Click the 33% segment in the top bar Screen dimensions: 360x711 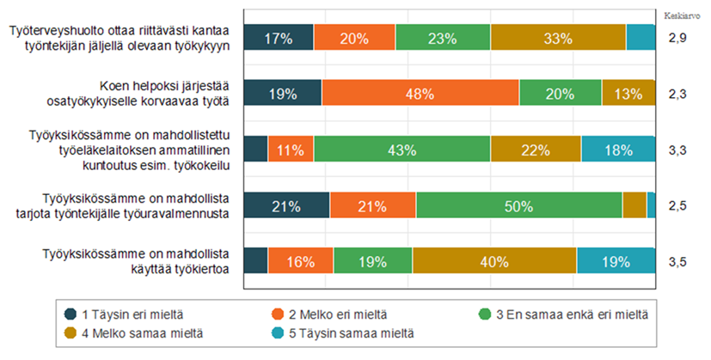point(558,38)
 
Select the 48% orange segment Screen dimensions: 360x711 point(420,94)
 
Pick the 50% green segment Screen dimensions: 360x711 point(518,205)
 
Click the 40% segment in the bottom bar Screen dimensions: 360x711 point(494,261)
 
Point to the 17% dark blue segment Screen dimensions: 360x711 point(279,38)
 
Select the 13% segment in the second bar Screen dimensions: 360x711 point(628,94)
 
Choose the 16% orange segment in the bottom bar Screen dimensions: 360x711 point(300,261)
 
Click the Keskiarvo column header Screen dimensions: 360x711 point(680,15)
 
